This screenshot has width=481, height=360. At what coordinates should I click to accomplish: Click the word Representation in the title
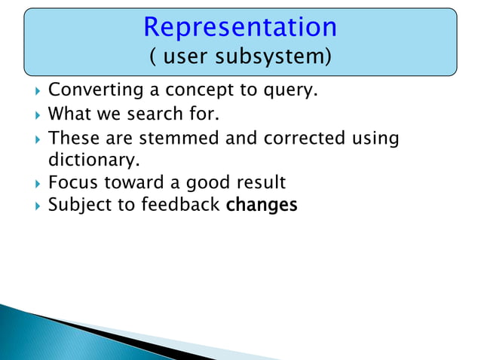tap(240, 26)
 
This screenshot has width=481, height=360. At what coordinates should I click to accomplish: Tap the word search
tap(152, 115)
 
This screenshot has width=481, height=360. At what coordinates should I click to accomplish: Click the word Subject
tap(78, 204)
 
